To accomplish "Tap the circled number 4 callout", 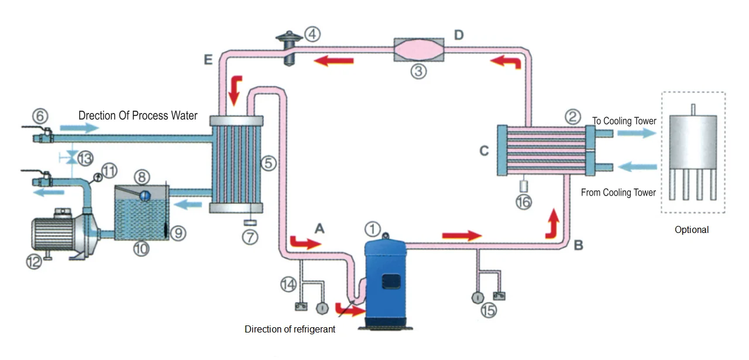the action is click(312, 34).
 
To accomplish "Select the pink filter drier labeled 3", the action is click(419, 50).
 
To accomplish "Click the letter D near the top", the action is click(459, 35).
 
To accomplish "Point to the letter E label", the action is click(208, 60).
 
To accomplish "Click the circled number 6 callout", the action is click(40, 116).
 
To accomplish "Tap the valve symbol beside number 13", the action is click(71, 157).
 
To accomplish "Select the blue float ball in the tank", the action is click(145, 196).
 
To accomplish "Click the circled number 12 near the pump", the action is click(34, 262).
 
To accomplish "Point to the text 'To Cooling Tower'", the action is click(624, 121).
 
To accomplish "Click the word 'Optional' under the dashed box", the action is click(692, 230).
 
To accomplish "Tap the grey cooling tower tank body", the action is click(693, 142).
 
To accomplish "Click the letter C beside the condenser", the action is click(484, 151).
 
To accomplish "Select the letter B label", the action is click(579, 245).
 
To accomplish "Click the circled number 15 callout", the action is click(489, 311).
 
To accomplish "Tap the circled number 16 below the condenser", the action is click(524, 202).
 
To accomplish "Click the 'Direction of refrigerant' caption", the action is click(290, 329).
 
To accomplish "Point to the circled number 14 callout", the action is click(288, 284).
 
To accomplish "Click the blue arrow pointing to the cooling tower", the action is click(637, 133).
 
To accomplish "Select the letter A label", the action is click(319, 228).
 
